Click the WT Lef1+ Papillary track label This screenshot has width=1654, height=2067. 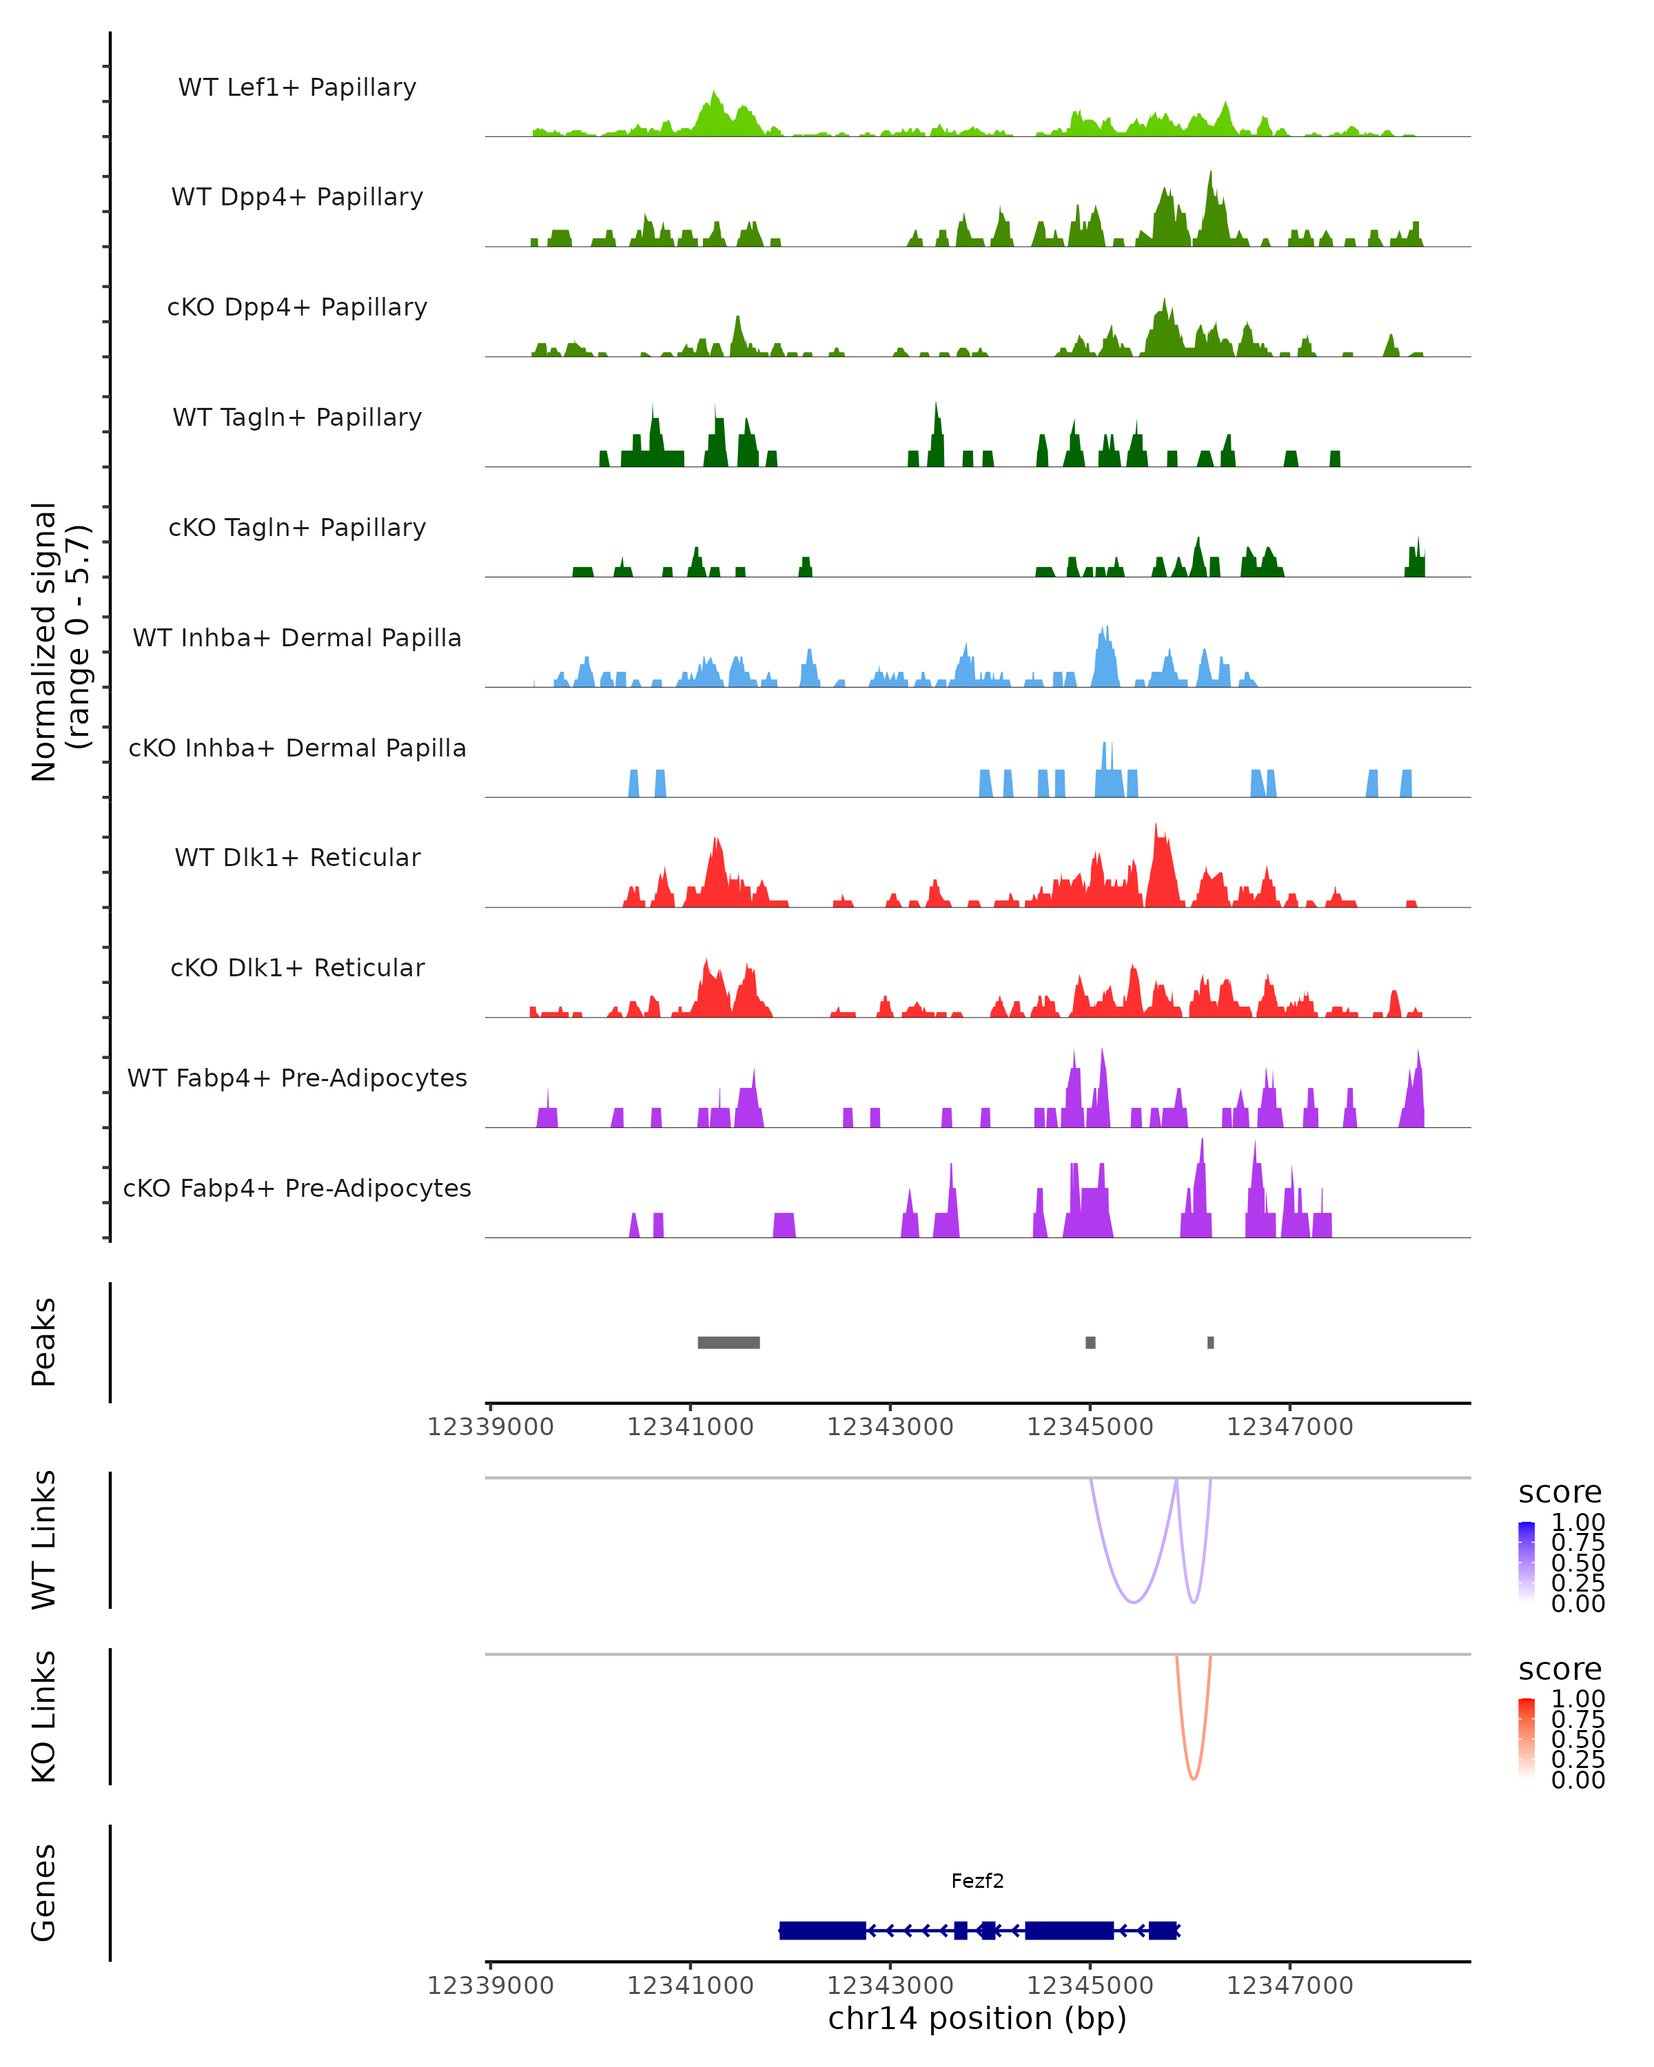297,88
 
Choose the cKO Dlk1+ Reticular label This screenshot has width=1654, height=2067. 297,967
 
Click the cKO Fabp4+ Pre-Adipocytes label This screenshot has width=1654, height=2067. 297,1188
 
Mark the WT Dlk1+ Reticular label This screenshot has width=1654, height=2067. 297,857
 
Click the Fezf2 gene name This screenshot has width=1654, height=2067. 977,1881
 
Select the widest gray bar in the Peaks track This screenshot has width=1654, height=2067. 728,1342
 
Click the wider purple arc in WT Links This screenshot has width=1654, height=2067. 1134,1602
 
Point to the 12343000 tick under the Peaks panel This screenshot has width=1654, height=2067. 890,1427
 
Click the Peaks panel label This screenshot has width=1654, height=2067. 44,1342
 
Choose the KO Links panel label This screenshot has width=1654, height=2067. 44,1716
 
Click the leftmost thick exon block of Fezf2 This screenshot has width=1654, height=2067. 823,1930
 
